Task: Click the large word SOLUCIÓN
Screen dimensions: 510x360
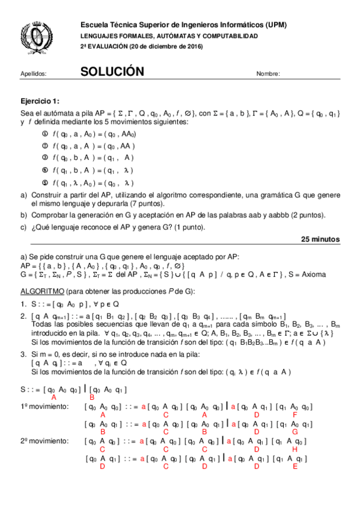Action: click(x=112, y=72)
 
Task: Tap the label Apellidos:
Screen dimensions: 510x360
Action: click(x=33, y=74)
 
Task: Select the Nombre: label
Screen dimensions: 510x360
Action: click(x=268, y=74)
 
